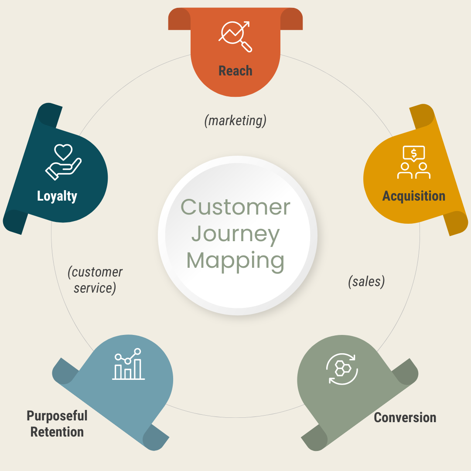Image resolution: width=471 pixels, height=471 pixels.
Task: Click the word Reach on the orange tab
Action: coord(235,71)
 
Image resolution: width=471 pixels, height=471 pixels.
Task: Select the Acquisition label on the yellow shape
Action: coord(413,196)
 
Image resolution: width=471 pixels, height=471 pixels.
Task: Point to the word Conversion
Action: coord(405,417)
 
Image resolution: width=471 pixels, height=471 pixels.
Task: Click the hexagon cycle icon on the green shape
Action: coord(342,369)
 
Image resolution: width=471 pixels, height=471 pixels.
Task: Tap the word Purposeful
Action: coord(57,416)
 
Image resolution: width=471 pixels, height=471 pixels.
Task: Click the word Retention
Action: coord(57,432)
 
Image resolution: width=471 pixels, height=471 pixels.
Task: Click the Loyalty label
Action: coord(57,196)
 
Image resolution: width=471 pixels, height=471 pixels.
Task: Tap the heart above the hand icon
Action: coord(63,152)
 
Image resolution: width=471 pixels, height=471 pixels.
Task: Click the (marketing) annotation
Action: coord(235,120)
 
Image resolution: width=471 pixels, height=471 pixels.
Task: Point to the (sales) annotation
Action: coord(366,282)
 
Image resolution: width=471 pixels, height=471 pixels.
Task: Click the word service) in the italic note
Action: coord(95,288)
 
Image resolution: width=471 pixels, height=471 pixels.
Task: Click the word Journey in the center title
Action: coord(235,234)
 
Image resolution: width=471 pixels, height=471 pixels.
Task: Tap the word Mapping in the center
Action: coord(235,260)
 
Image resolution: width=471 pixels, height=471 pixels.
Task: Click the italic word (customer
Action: coord(95,272)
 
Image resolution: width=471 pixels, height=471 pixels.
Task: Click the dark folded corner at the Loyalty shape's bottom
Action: coord(14,222)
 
